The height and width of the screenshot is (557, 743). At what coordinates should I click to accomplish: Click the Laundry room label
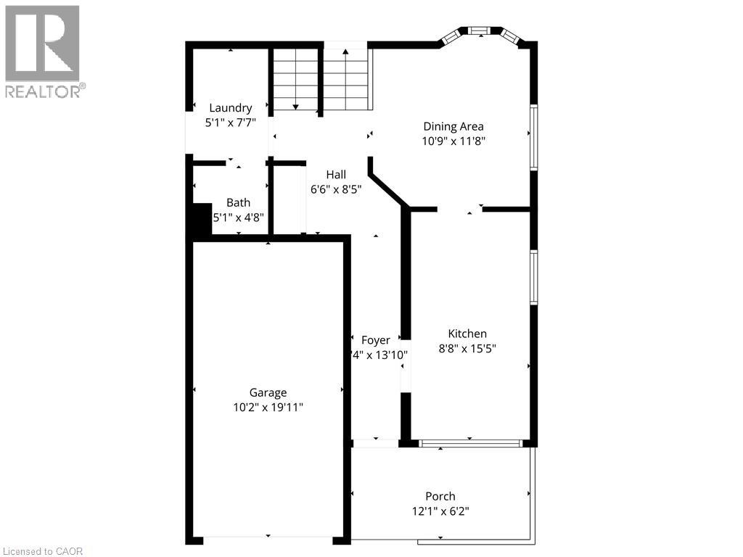[x=230, y=108]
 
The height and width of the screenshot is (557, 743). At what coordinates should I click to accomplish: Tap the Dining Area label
[x=453, y=126]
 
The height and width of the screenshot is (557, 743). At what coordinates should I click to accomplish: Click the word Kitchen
[x=467, y=334]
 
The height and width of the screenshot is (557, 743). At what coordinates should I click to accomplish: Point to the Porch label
[x=440, y=496]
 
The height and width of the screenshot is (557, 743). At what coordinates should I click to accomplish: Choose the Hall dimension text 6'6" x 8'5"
[x=335, y=189]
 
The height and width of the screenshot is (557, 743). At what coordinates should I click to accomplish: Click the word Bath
[x=238, y=202]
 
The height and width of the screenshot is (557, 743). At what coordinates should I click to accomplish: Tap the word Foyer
[x=375, y=340]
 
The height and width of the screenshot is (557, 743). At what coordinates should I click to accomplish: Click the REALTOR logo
[x=43, y=51]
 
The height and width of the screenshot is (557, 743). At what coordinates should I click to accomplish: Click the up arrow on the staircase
[x=345, y=52]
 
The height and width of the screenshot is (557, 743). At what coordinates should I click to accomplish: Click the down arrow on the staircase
[x=295, y=107]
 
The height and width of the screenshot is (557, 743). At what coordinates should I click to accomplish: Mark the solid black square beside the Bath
[x=200, y=220]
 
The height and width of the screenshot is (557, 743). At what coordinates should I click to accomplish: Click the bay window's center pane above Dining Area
[x=478, y=30]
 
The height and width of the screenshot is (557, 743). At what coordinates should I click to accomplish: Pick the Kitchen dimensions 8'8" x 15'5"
[x=467, y=348]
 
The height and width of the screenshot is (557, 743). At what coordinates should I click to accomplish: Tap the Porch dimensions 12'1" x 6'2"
[x=440, y=511]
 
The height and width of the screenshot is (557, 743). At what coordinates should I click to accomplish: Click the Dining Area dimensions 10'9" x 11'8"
[x=453, y=141]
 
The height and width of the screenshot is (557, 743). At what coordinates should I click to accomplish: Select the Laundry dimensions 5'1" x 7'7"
[x=230, y=123]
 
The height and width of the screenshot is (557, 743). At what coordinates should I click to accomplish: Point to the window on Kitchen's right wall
[x=533, y=277]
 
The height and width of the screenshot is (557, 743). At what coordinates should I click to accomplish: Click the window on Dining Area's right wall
[x=533, y=138]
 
